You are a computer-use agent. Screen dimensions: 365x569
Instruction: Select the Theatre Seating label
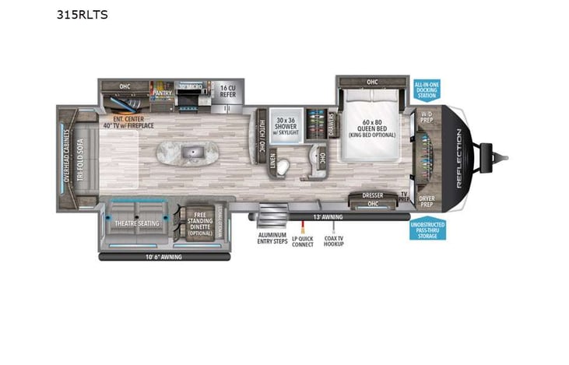pos(137,223)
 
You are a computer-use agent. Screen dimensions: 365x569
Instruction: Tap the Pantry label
pos(162,92)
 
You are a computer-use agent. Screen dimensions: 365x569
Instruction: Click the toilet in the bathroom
pos(283,166)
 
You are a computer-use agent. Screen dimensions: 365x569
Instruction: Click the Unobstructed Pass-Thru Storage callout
pos(427,230)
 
